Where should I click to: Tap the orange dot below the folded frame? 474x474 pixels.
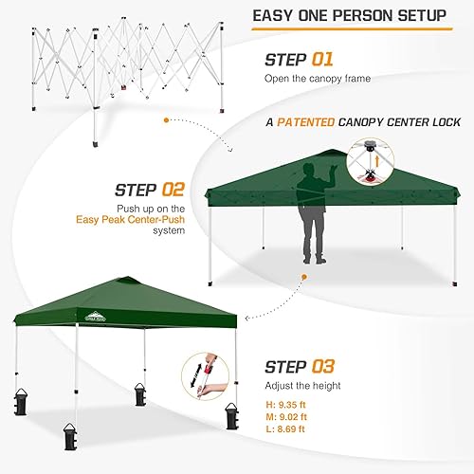(167, 121)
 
